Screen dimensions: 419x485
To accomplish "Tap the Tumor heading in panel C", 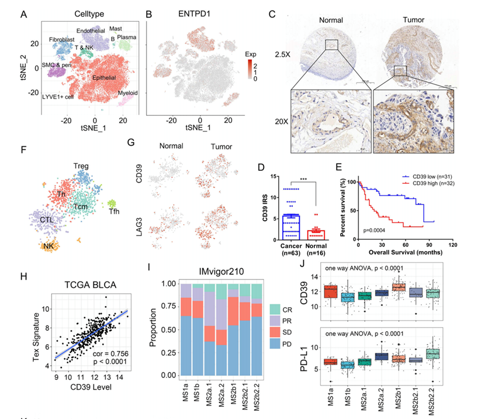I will coord(404,20).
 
